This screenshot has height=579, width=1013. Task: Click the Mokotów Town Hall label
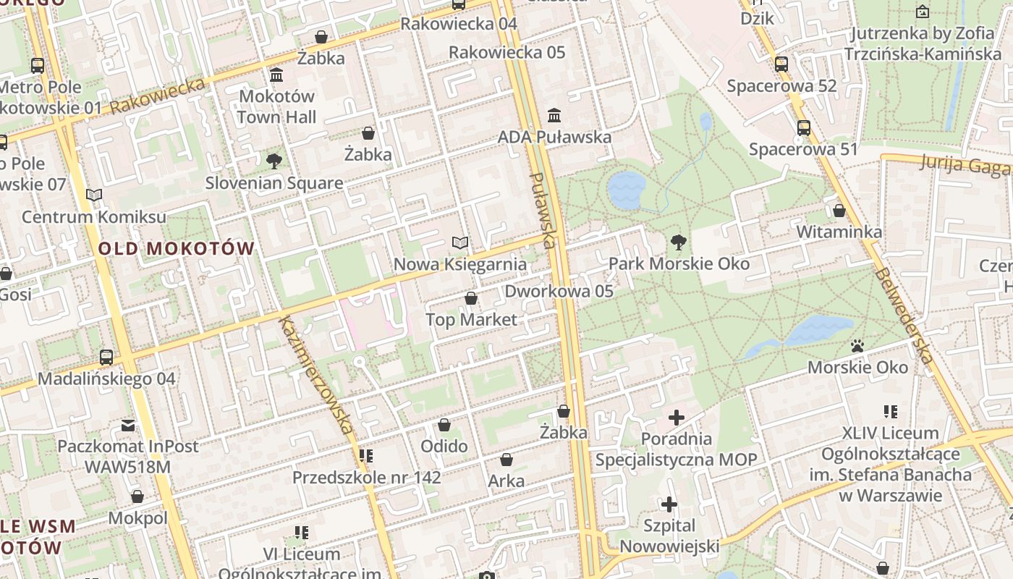276,106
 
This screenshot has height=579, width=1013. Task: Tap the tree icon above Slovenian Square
274,161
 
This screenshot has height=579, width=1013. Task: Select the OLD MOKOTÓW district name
177,249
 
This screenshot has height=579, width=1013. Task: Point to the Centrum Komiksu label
94,216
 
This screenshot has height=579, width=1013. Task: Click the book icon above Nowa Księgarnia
459,242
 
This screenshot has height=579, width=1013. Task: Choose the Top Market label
471,319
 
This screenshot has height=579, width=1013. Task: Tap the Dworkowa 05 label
559,291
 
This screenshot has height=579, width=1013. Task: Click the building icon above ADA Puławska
554,115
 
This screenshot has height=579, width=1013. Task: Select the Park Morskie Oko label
679,263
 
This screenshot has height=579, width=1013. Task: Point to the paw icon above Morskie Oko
857,346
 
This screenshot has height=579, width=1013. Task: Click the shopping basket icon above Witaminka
839,211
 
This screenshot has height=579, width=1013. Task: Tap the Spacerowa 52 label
781,86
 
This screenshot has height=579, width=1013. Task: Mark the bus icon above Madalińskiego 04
106,357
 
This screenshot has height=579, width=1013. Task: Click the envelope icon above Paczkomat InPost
128,425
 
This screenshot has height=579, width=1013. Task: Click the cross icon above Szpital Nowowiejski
669,504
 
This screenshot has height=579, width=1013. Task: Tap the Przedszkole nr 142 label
366,478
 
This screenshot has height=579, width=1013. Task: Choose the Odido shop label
444,446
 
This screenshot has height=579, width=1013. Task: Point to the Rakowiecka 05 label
506,52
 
